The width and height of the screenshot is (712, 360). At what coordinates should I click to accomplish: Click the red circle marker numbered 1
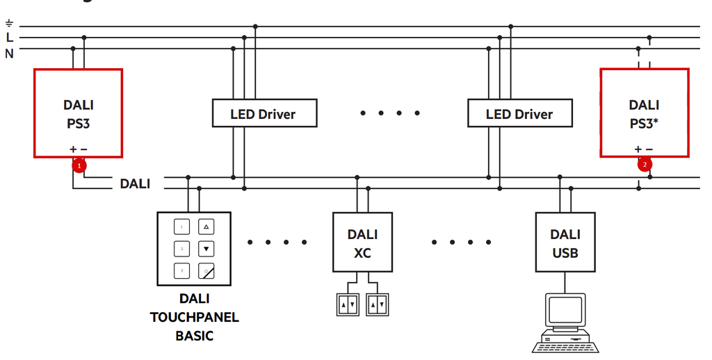pos(80,165)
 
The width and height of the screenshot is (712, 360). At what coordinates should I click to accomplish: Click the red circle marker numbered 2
pos(645,165)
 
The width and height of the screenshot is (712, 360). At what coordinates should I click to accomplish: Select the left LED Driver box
pos(264,113)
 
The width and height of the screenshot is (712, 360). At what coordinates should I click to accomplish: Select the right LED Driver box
pos(519,113)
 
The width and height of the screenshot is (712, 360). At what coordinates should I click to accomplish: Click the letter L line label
pos(10,38)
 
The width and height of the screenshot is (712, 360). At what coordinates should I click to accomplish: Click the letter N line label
pos(10,53)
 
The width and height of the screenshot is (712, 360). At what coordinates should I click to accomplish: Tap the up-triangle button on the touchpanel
pos(207,227)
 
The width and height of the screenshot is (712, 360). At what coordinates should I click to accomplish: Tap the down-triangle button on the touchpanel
pos(207,248)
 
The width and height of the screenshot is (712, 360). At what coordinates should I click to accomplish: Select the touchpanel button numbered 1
pos(182,227)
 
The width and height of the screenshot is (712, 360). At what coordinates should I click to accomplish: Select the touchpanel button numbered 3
pos(182,270)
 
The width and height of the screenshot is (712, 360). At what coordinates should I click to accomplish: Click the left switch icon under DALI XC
pos(348,304)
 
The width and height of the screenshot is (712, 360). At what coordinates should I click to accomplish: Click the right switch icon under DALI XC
pos(378,304)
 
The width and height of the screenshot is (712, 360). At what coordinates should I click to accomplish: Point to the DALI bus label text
pos(135,184)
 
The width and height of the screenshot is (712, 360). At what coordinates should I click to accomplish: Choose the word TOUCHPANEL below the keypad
pos(195,318)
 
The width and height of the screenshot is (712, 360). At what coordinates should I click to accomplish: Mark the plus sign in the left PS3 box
pos(73,149)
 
